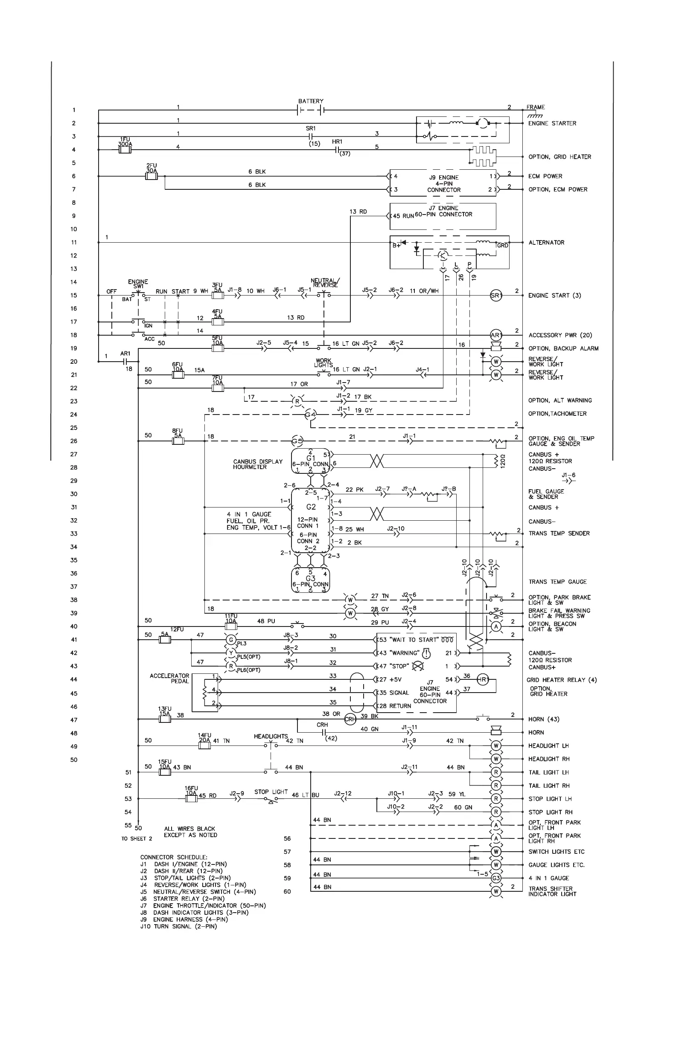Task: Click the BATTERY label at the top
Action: pos(310,101)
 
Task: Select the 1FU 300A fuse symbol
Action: pos(125,150)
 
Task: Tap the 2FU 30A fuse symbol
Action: pos(152,176)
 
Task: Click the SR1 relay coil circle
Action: pos(495,296)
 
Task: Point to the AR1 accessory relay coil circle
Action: pos(495,336)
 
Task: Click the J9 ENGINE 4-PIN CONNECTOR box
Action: pos(443,183)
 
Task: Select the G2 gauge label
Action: pos(311,507)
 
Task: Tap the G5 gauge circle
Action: pos(297,441)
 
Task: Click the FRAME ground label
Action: pos(536,107)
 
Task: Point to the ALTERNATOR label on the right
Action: pos(546,243)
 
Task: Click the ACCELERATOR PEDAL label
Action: pos(169,679)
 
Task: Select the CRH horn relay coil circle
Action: pos(350,719)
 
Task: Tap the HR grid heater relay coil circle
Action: pos(482,679)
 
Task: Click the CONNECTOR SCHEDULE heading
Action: pos(174,857)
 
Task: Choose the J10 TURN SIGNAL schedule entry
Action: pos(179,926)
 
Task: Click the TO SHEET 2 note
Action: pos(137,839)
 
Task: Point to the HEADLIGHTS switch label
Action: pos(271,737)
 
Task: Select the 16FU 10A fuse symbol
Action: pos(191,799)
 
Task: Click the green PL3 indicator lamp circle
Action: pos(231,640)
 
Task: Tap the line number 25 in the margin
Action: pos(74,428)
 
